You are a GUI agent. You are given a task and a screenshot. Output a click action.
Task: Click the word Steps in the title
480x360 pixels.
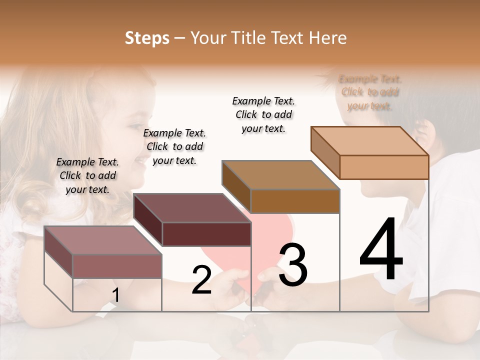click(x=147, y=38)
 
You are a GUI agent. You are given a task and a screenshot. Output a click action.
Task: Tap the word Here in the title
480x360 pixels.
click(x=326, y=38)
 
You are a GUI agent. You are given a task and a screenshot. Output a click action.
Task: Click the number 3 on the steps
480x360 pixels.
click(x=293, y=265)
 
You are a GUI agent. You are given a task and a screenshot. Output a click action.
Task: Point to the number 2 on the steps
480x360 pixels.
click(x=201, y=280)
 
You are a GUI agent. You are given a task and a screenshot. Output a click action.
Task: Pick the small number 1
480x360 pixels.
click(x=115, y=295)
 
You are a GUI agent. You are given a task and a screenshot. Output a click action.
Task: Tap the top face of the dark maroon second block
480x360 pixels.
click(x=192, y=207)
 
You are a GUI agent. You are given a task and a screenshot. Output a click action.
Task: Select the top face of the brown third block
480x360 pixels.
click(x=280, y=175)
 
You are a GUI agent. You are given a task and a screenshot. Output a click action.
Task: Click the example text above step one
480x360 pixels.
click(x=87, y=175)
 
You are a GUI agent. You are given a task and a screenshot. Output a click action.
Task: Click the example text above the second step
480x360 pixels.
click(x=174, y=146)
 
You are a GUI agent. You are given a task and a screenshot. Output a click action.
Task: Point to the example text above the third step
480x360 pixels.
click(x=263, y=114)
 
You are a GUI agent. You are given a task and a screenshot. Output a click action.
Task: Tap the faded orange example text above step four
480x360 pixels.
click(x=370, y=92)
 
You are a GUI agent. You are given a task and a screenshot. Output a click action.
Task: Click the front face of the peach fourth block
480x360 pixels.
click(x=384, y=167)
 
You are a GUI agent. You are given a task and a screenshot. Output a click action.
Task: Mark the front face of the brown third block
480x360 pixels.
click(x=295, y=201)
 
